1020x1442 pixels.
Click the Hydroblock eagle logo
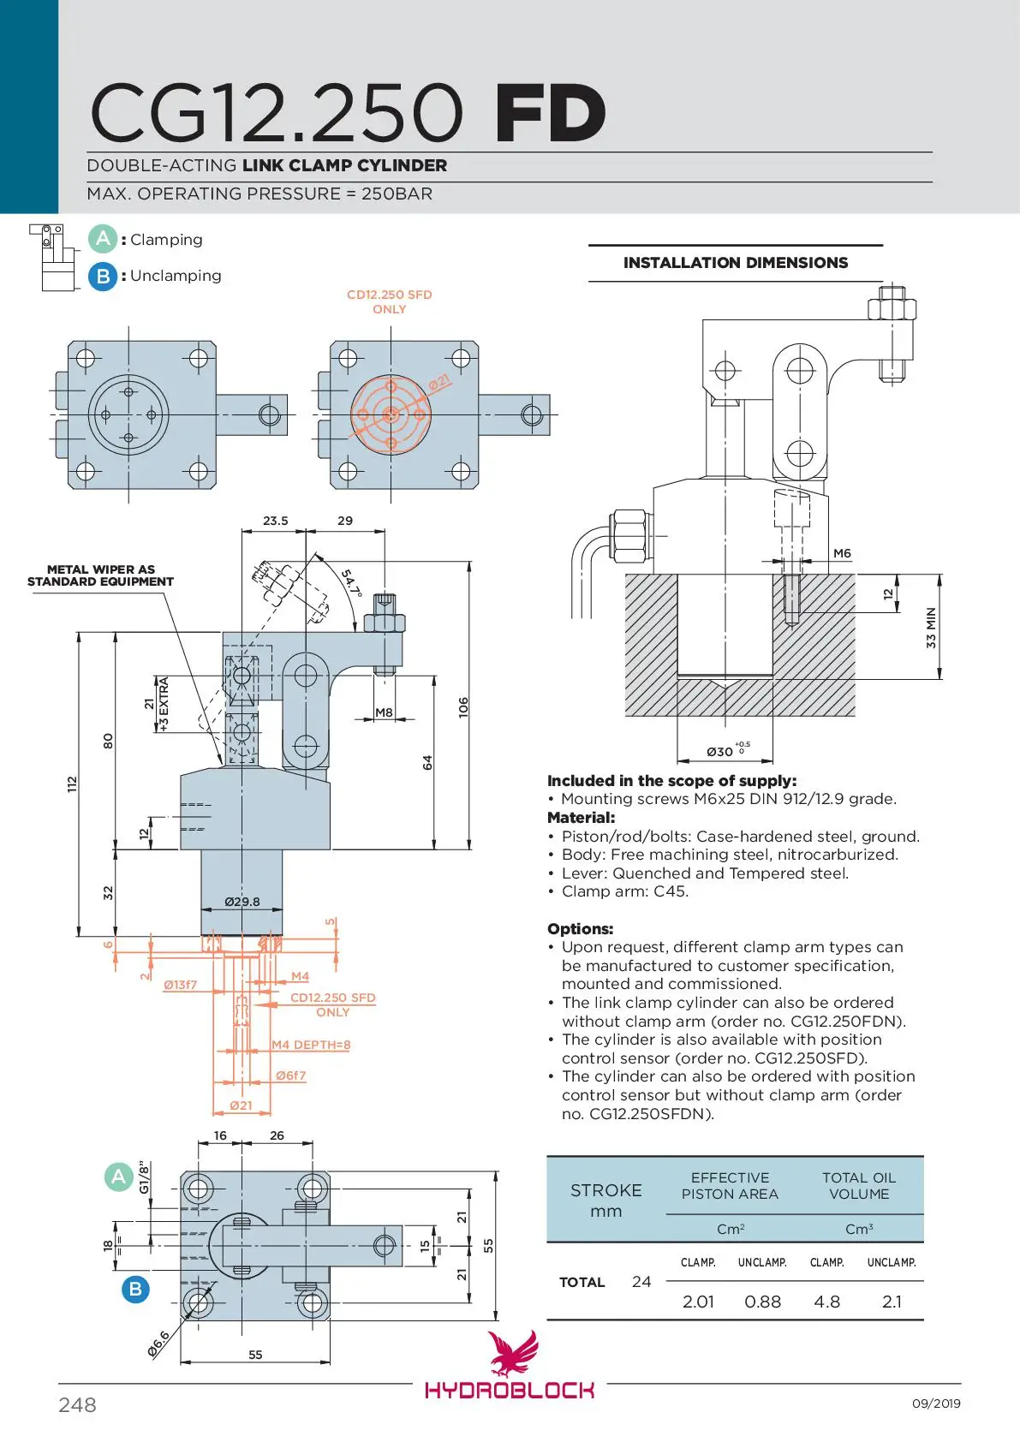513,1352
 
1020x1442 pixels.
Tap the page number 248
77,1404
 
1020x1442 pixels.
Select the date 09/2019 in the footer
936,1403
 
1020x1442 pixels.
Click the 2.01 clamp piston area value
698,1302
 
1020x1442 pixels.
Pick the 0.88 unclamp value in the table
762,1302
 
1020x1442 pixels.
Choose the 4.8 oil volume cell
826,1302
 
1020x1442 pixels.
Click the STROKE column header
606,1190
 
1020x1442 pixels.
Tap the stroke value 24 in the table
641,1282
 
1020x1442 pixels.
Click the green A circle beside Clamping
103,240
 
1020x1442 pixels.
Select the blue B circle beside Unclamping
103,277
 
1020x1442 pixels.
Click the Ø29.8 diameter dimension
242,901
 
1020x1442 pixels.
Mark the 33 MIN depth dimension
930,628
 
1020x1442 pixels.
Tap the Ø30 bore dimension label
728,750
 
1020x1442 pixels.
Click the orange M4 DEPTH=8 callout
311,1044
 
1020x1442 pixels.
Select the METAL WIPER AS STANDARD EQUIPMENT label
100,575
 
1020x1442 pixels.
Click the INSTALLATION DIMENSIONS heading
736,263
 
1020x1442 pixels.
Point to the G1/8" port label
144,1177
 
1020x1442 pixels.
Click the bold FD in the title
551,113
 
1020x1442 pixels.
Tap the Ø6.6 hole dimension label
159,1344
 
